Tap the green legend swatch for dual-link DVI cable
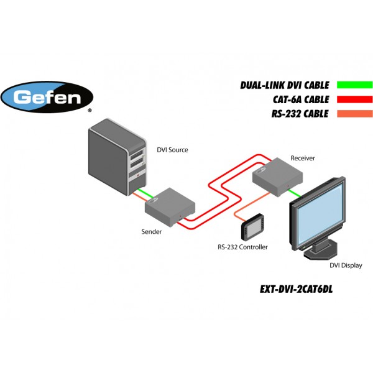(x=354, y=85)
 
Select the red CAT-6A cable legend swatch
(x=354, y=99)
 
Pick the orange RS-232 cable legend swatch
(x=354, y=114)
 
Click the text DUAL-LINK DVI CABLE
(x=285, y=85)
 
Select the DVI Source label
(x=172, y=150)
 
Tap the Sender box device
(x=172, y=206)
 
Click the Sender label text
(x=152, y=232)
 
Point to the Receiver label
(x=303, y=158)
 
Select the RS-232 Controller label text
(x=242, y=247)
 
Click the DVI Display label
(x=346, y=265)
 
